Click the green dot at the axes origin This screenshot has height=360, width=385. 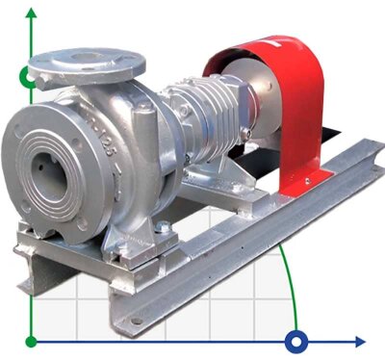(x=32, y=341)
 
